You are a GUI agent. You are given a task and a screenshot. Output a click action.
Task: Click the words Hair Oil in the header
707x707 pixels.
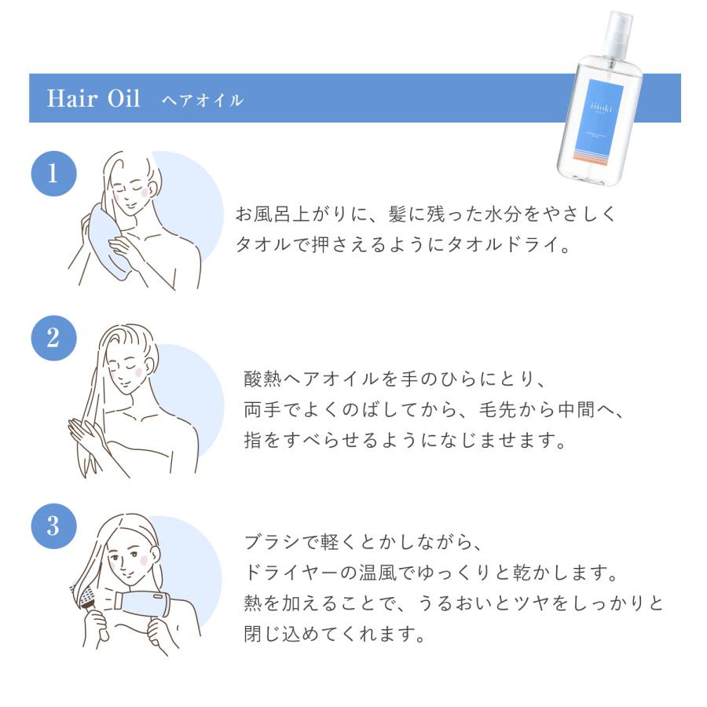pyautogui.click(x=93, y=100)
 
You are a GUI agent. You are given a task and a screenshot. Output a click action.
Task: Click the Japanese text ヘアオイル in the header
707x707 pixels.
pyautogui.click(x=202, y=101)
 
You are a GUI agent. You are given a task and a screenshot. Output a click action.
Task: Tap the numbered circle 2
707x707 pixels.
pyautogui.click(x=53, y=338)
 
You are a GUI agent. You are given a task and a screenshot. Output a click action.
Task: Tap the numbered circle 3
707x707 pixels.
pyautogui.click(x=53, y=526)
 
